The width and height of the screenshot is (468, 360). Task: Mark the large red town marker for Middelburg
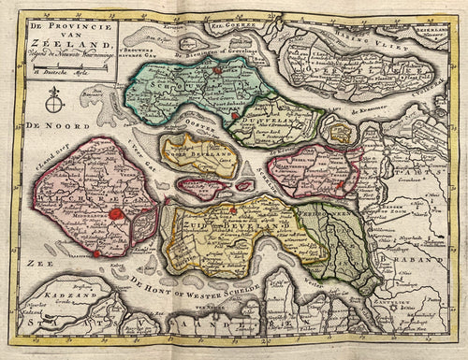pyautogui.click(x=116, y=216)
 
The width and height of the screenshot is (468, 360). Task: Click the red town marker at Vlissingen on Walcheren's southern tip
pyautogui.click(x=96, y=252)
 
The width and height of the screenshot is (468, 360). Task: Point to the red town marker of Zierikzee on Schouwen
pyautogui.click(x=216, y=68)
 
